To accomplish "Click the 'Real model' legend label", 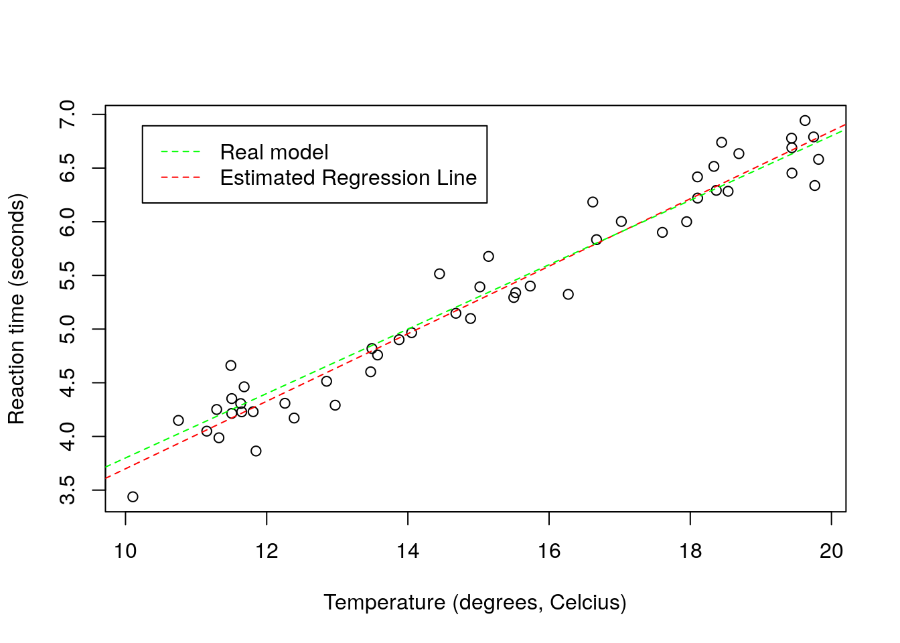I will [274, 153].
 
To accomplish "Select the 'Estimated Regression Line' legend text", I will [348, 178].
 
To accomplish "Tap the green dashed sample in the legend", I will [181, 153].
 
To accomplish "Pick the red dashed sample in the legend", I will [181, 178].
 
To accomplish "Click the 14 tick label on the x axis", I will [408, 551].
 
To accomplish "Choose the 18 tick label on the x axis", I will [690, 551].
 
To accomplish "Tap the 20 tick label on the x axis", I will [832, 551].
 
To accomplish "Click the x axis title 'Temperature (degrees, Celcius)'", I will [475, 603].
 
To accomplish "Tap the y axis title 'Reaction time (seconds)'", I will [17, 309].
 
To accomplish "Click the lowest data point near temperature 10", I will [133, 497].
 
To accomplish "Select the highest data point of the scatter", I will [805, 121].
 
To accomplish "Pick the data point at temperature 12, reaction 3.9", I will [256, 451].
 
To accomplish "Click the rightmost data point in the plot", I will [818, 159].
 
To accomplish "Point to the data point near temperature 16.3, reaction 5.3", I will [569, 295].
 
